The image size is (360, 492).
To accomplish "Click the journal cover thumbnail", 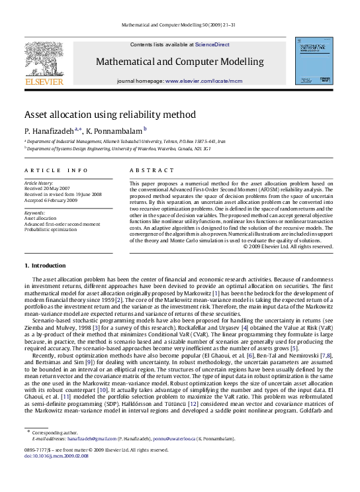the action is pos(313,59).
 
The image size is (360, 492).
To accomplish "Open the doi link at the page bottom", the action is pos(50,475).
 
